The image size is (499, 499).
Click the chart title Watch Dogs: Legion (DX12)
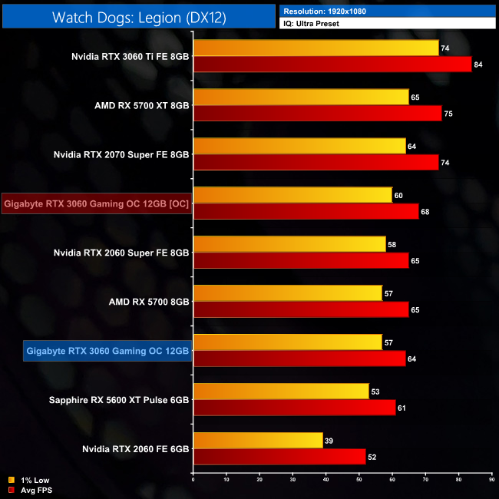139,18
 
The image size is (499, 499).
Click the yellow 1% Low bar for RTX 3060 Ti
316,48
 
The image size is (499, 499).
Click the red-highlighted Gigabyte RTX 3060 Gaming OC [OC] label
97,204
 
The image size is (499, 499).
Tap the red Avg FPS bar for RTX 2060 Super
300,261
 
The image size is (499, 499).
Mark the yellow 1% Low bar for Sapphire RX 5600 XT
281,392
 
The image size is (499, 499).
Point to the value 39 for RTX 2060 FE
329,441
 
